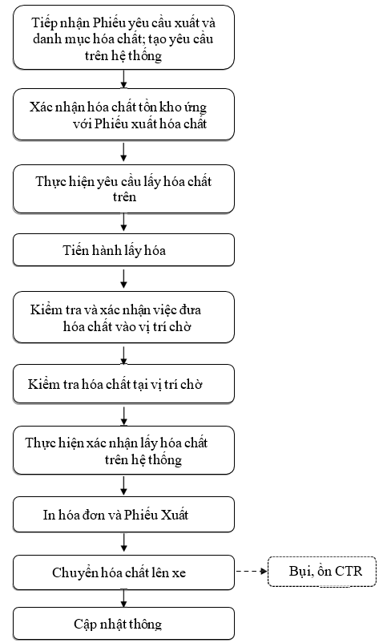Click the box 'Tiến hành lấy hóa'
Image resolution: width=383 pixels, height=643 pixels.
click(x=123, y=249)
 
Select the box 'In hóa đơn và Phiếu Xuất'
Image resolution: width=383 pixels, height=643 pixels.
click(x=123, y=514)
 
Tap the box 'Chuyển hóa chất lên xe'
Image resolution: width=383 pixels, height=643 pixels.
click(x=123, y=572)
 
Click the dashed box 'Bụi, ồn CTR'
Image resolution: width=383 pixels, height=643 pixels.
click(x=322, y=571)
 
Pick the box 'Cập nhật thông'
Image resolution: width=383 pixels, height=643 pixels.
click(x=123, y=623)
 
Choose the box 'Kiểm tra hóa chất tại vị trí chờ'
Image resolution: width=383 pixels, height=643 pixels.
click(x=123, y=384)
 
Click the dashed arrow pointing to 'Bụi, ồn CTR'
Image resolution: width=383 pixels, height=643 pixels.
click(x=252, y=571)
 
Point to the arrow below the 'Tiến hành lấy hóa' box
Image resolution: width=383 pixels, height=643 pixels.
click(x=123, y=278)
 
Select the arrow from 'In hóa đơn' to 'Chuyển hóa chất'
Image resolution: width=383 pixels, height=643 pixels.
click(x=123, y=542)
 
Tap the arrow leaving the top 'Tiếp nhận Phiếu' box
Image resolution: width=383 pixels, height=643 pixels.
click(x=123, y=79)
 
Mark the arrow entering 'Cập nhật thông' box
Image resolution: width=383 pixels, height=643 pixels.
click(x=123, y=598)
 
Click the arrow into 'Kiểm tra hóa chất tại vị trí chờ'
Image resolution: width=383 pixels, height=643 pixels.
click(x=123, y=355)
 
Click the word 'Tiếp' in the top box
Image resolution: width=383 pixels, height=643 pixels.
click(x=44, y=23)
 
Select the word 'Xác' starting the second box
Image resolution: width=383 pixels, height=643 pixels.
click(x=40, y=107)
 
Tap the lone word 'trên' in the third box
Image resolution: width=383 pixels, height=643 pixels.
click(x=124, y=197)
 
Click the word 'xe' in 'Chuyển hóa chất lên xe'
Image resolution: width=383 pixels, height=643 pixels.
click(x=179, y=573)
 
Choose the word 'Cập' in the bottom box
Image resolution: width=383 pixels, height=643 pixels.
click(x=83, y=624)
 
